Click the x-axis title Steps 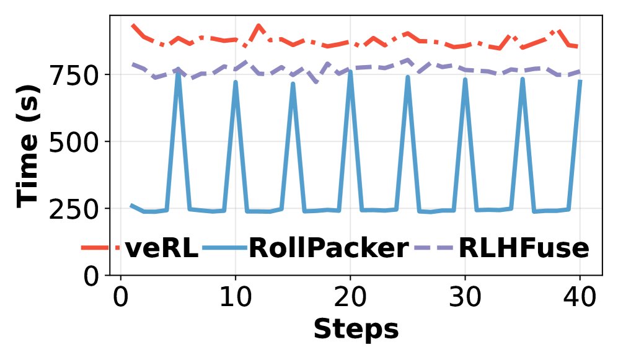355,328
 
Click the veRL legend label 161,248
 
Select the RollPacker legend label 328,248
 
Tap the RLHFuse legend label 523,248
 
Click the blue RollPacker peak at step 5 178,73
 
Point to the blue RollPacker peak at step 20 350,72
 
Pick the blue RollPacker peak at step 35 523,79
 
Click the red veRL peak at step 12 258,25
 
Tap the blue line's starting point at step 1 131,204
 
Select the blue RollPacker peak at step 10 236,82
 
